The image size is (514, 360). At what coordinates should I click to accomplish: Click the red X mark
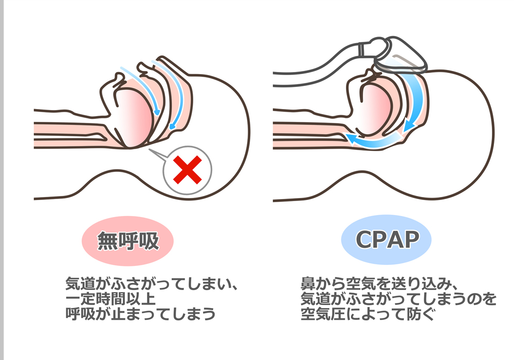pyautogui.click(x=187, y=170)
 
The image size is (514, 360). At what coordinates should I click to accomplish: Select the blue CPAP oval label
pyautogui.click(x=386, y=240)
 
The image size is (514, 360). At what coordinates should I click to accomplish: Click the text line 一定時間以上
pyautogui.click(x=110, y=299)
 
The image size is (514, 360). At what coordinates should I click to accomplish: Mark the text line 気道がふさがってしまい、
pyautogui.click(x=147, y=284)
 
